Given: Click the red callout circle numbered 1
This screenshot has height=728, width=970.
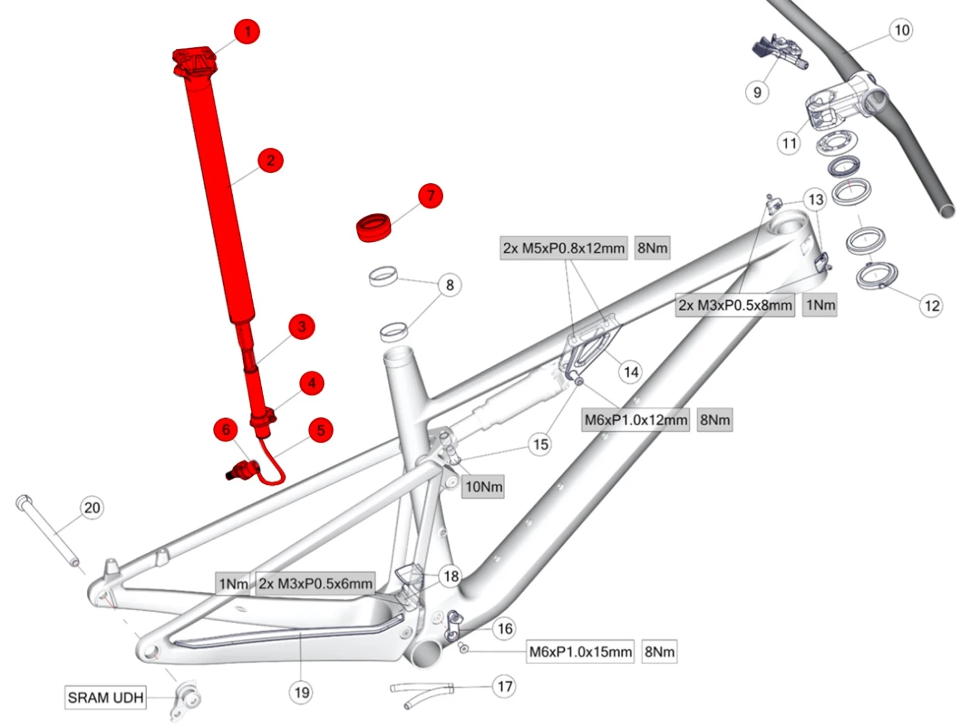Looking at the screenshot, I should click(x=247, y=31).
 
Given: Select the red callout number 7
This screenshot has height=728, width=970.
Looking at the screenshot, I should click(x=431, y=195).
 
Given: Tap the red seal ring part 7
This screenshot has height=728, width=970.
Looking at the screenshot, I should click(x=375, y=227).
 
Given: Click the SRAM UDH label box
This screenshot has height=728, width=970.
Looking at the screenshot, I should click(x=105, y=698).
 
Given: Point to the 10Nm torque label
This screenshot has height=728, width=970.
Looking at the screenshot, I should click(x=484, y=487).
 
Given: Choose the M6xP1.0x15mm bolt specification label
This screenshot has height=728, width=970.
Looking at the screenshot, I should click(x=580, y=652).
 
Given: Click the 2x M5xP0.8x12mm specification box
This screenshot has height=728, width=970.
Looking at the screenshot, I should click(x=564, y=248).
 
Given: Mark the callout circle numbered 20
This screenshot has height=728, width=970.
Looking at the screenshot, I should click(x=92, y=507).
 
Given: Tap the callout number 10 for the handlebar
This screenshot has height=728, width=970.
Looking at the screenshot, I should click(x=901, y=30).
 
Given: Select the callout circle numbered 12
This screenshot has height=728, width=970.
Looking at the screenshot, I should click(x=932, y=305).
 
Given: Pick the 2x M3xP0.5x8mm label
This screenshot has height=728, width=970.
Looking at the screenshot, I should click(x=735, y=305).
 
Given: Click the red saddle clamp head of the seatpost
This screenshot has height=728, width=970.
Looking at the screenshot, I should click(x=194, y=62).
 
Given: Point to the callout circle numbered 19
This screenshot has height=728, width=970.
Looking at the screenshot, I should click(x=301, y=692).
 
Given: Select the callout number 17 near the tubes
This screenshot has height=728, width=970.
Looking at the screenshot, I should click(x=505, y=686).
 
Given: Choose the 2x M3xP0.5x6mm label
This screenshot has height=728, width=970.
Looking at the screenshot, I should click(x=316, y=584).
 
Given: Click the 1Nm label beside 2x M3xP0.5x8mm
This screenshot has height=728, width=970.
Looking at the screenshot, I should click(x=820, y=305).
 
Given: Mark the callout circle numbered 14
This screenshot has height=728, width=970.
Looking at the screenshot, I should click(x=630, y=371).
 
